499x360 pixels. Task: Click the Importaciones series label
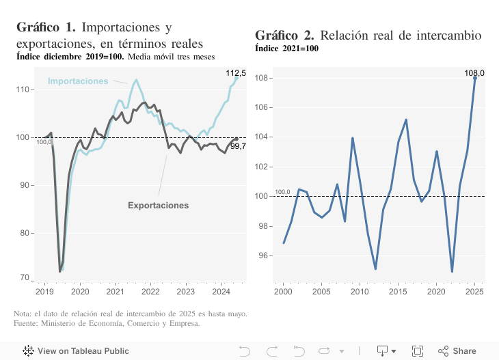77,81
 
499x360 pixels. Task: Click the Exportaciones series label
158,205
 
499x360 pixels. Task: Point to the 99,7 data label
238,146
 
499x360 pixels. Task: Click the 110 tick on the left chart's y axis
23,89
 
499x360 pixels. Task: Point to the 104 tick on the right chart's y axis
263,137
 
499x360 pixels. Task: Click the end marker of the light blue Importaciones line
237,78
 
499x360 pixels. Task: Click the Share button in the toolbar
457,351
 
